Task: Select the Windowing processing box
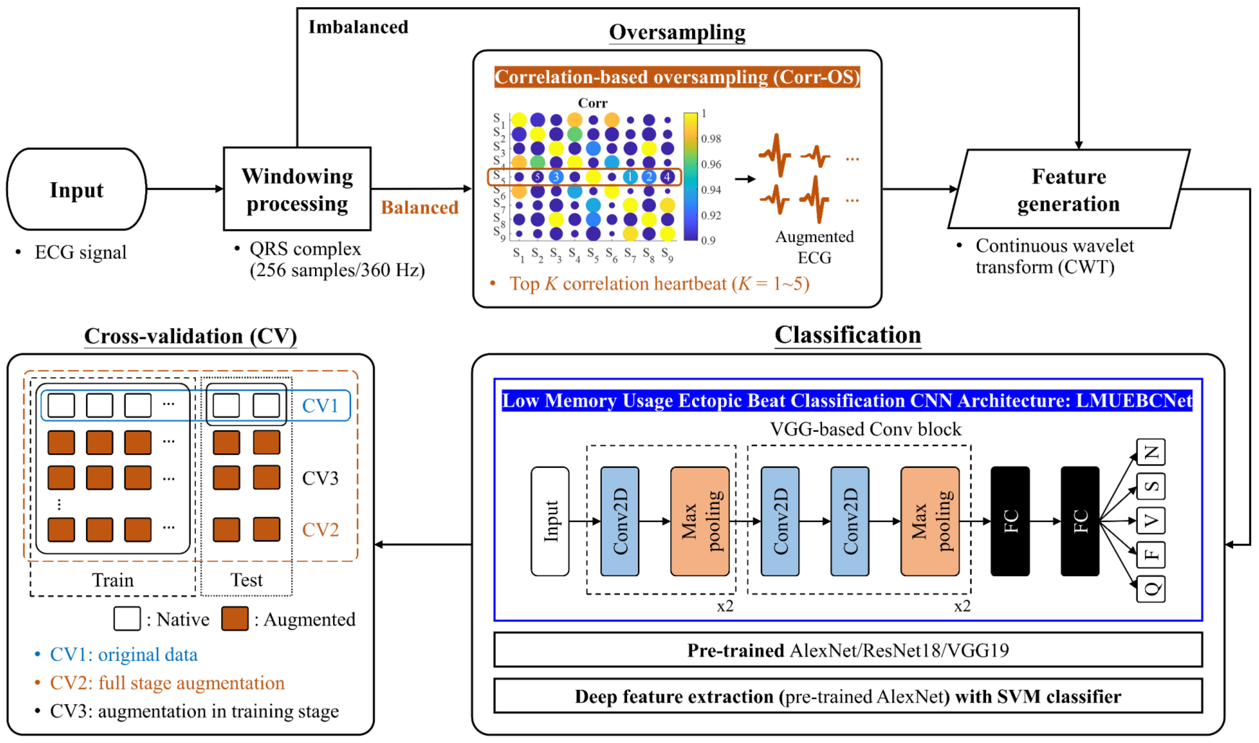(297, 189)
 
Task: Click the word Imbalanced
(358, 27)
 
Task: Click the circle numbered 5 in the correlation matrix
(538, 177)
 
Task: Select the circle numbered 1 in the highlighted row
(630, 177)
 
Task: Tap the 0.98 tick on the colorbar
(711, 139)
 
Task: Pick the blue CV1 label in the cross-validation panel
(320, 406)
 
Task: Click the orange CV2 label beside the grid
(320, 530)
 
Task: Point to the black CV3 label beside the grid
(320, 478)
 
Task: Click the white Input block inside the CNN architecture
(550, 521)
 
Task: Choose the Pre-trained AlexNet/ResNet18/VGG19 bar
(848, 650)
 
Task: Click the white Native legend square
(127, 619)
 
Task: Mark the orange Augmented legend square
(235, 619)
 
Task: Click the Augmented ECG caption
(814, 247)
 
